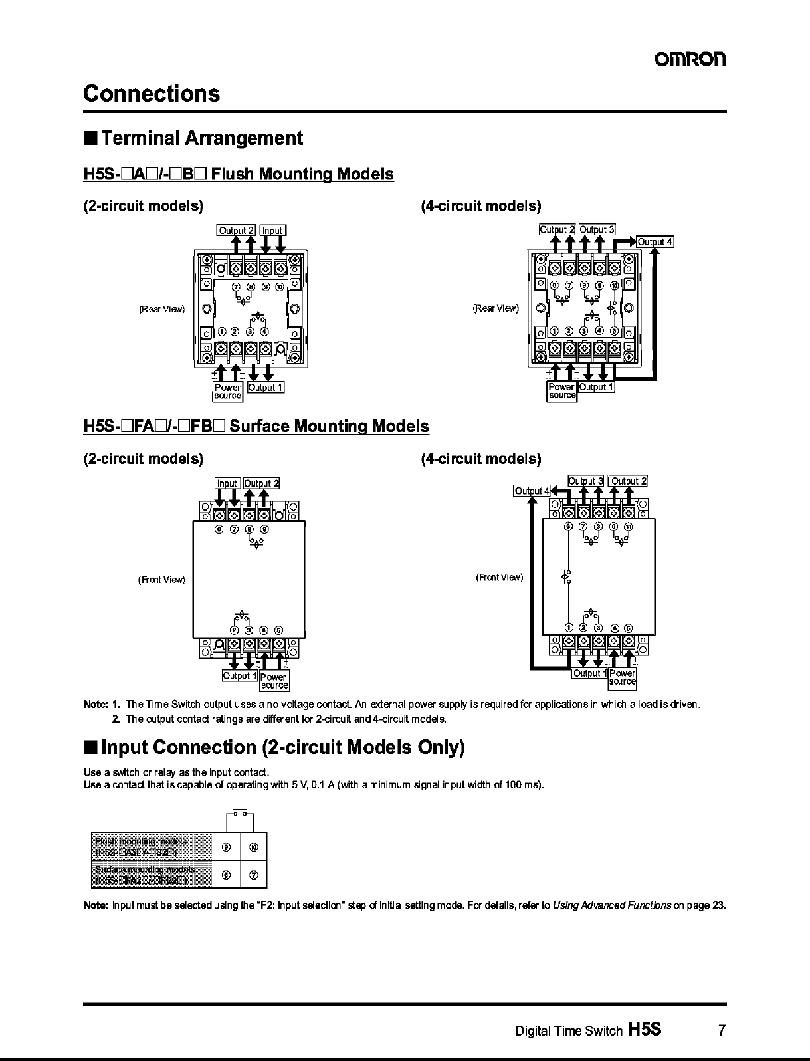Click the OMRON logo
coord(691,59)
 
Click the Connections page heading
coord(152,93)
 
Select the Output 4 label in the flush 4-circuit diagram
coord(655,242)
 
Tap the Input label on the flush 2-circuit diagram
coord(272,231)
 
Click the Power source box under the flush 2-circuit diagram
coord(228,391)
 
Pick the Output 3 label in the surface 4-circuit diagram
coord(585,481)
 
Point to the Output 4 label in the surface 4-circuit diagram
coord(532,491)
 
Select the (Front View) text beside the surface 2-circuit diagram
coord(161,580)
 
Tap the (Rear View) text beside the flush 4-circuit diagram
coord(496,308)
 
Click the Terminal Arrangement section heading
coord(202,138)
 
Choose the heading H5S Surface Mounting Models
coord(256,426)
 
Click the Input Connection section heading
coord(282,747)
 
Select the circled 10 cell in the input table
coord(253,847)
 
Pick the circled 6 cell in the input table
coord(227,875)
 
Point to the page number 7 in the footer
coord(721,1031)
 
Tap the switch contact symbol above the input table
coord(241,812)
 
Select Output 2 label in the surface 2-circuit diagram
coord(261,484)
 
